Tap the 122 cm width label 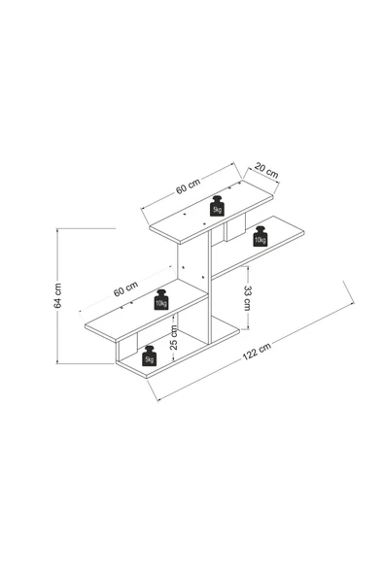point(257,352)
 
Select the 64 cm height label point(57,295)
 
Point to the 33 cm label point(247,298)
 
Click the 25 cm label point(174,337)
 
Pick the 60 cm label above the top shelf point(188,186)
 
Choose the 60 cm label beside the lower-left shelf point(126,288)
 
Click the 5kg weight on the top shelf point(218,206)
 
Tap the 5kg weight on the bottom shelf point(150,355)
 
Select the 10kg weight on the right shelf point(261,237)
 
